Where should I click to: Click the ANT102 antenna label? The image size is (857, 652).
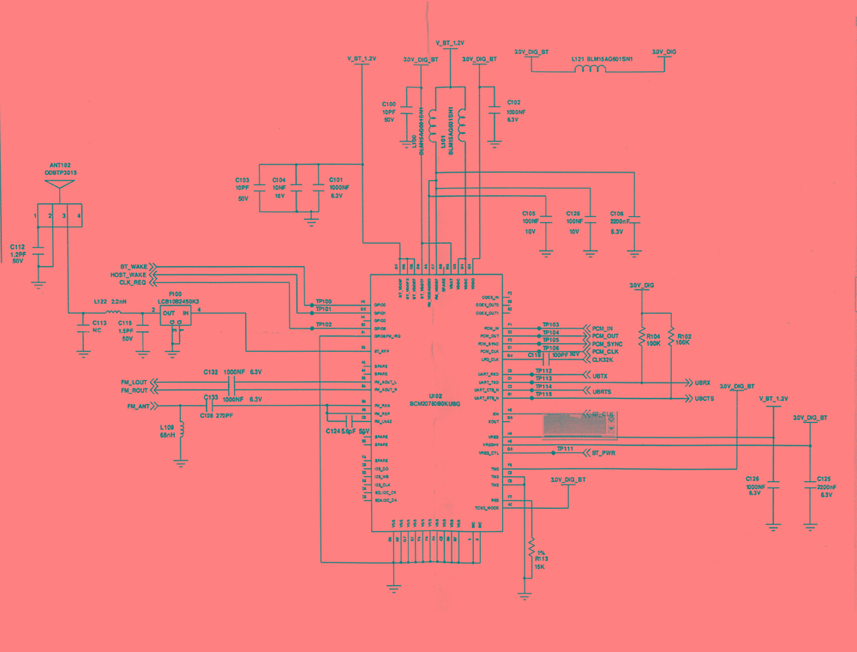[59, 165]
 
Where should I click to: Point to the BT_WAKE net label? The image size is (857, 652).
[134, 267]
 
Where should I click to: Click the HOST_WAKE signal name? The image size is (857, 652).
[129, 275]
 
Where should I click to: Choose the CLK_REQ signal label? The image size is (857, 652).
[132, 282]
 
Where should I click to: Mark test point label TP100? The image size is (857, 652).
[324, 302]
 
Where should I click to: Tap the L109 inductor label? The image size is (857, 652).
[167, 426]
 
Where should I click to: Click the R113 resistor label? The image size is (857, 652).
[542, 558]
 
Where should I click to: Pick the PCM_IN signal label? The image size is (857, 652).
[603, 329]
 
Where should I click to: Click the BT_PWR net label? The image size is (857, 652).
[604, 452]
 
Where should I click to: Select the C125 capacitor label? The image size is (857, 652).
[824, 479]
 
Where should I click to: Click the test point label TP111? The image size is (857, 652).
[565, 449]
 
